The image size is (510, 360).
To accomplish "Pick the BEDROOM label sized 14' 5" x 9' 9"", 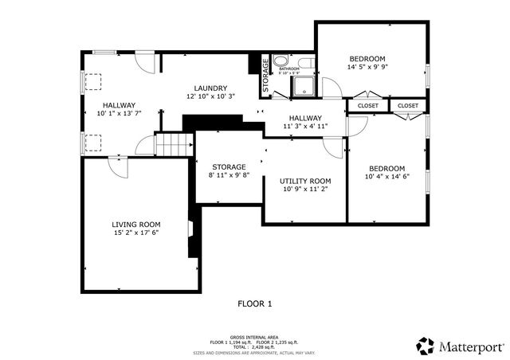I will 367,59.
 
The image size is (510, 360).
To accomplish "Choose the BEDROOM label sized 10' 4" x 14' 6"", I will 386,168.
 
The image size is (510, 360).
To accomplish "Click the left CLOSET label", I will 367,105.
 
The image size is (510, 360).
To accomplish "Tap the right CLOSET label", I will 407,105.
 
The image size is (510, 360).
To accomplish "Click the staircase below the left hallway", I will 175,145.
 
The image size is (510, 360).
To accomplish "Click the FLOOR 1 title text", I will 255,303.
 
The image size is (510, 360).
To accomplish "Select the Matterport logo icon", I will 425,346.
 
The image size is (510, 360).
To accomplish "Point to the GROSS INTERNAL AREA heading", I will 254,337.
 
